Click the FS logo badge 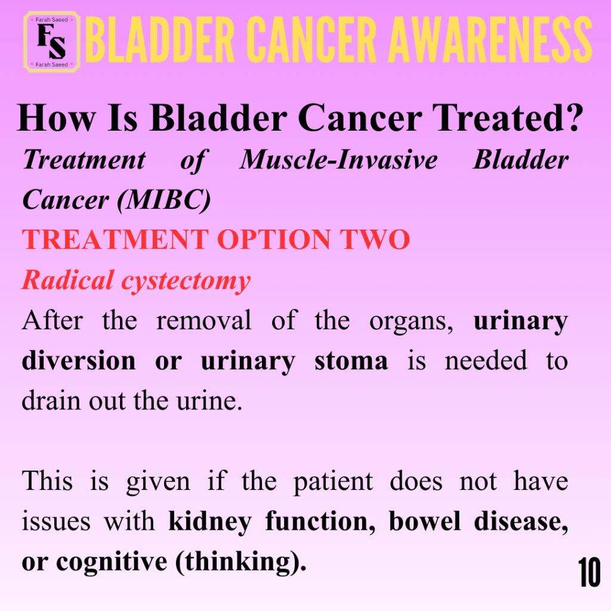click(x=52, y=42)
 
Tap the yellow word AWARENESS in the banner click(x=490, y=40)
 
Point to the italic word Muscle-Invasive click(x=339, y=160)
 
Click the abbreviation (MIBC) click(x=164, y=200)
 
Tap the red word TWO click(x=375, y=239)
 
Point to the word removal click(x=204, y=320)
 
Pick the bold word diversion click(x=79, y=360)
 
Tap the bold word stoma click(x=351, y=361)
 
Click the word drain click(x=51, y=400)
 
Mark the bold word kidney click(x=210, y=522)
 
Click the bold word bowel click(x=425, y=521)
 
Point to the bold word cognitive click(x=112, y=562)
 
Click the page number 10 click(x=589, y=572)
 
